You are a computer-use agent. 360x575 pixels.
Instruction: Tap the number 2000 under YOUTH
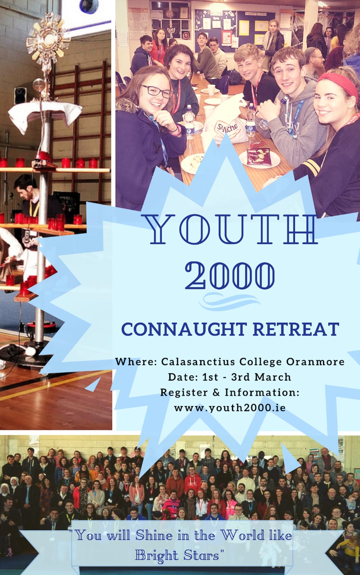point(230,276)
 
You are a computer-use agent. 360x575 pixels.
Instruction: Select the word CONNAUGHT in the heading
point(184,329)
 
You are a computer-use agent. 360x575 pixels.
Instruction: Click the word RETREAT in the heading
point(296,329)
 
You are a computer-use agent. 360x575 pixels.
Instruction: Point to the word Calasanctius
point(198,362)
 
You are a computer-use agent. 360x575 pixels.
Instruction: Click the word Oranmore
point(315,362)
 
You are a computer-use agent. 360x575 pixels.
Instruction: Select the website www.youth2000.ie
point(230,408)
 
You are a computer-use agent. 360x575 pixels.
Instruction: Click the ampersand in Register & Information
point(216,392)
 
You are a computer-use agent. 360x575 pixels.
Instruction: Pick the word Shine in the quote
point(154,535)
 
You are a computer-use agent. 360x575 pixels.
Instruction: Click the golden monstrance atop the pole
point(48,41)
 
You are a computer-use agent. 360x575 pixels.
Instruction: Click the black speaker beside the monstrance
point(20,96)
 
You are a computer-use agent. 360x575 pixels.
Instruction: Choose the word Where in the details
point(136,362)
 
